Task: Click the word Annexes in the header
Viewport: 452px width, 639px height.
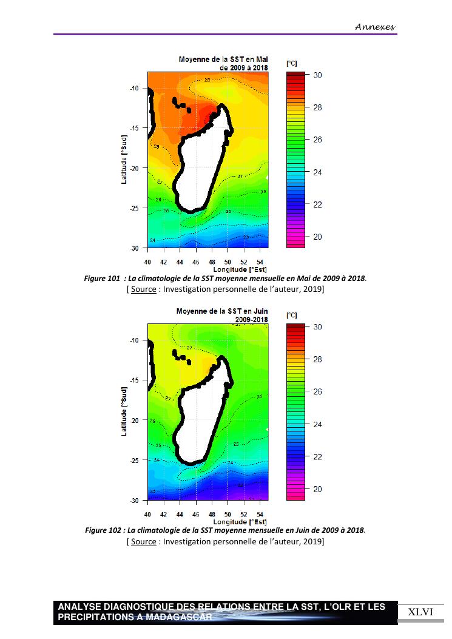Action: pyautogui.click(x=375, y=27)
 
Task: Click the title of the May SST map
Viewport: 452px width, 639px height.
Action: pyautogui.click(x=223, y=64)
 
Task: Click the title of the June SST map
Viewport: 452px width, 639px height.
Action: pyautogui.click(x=221, y=315)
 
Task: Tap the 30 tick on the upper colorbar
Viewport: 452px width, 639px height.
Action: pyautogui.click(x=317, y=75)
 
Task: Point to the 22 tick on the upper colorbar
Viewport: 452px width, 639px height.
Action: pyautogui.click(x=317, y=205)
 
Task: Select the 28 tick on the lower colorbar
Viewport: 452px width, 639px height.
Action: pyautogui.click(x=317, y=359)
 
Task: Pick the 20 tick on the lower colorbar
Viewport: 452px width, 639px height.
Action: pyautogui.click(x=317, y=489)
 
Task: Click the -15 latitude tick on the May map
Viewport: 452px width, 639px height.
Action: pyautogui.click(x=134, y=128)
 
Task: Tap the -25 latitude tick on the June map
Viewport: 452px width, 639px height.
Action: pyautogui.click(x=134, y=460)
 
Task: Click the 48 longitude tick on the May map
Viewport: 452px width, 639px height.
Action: pyautogui.click(x=211, y=262)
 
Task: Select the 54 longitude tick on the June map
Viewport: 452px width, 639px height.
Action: pyautogui.click(x=260, y=514)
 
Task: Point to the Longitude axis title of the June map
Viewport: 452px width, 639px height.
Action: pyautogui.click(x=240, y=521)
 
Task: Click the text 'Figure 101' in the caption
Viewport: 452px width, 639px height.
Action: pyautogui.click(x=102, y=279)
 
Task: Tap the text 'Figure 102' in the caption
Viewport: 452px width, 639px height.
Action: pyautogui.click(x=102, y=530)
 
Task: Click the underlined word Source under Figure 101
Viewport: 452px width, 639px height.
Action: pyautogui.click(x=143, y=289)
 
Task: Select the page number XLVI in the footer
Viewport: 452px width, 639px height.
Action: pyautogui.click(x=420, y=612)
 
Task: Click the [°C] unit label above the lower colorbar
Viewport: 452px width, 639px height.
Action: pyautogui.click(x=291, y=316)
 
